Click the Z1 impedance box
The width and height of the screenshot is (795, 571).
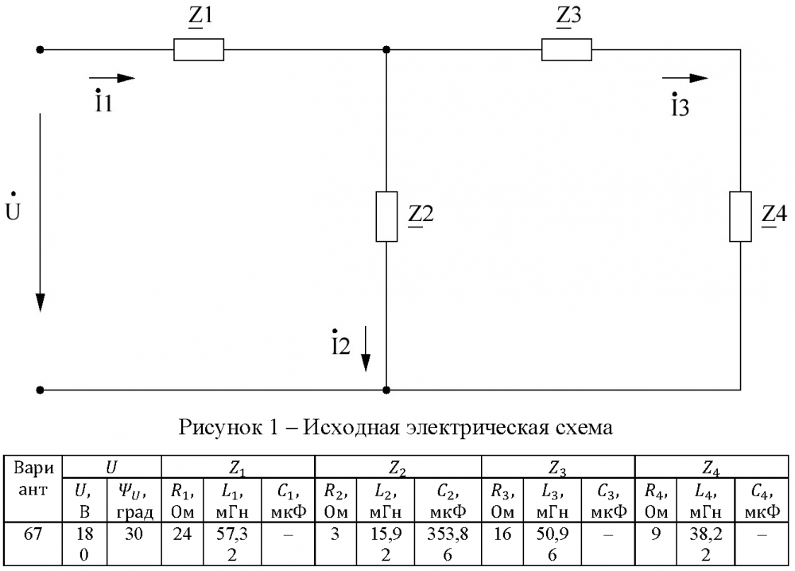coord(199,49)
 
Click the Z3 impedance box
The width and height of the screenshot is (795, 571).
coord(566,49)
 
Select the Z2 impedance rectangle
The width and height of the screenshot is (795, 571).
coord(386,216)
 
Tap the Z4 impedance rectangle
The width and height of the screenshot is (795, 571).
coord(740,216)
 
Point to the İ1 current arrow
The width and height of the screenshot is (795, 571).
coord(112,78)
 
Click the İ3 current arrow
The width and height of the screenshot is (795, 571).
coord(685,78)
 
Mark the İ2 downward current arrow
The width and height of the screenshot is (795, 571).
coord(366,348)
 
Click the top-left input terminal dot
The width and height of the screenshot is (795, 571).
coord(40,49)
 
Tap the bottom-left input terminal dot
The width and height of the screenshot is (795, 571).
coord(40,390)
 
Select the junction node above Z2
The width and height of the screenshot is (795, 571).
coord(386,49)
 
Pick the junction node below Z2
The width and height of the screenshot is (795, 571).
coord(386,390)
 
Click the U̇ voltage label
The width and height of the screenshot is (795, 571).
coord(12,208)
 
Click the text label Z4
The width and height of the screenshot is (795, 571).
coord(774,215)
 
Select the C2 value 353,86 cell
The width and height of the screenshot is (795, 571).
coord(448,544)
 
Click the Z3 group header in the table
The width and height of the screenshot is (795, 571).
coord(558,467)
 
